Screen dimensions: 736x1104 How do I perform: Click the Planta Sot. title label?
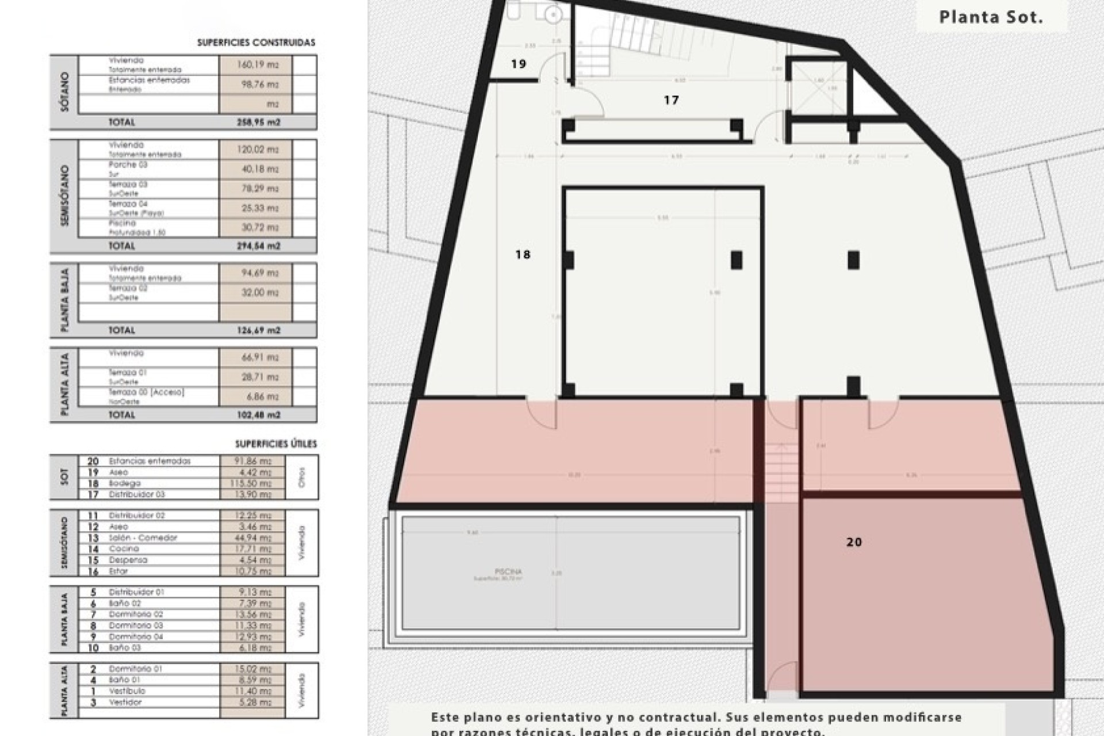point(991,17)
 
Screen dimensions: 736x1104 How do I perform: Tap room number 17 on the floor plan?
point(671,100)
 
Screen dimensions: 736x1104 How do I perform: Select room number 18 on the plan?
point(522,254)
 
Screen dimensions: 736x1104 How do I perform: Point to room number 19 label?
point(518,64)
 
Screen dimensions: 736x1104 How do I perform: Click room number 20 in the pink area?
point(854,542)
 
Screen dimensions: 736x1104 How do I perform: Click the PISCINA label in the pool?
point(508,572)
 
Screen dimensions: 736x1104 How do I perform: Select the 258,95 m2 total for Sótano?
point(258,122)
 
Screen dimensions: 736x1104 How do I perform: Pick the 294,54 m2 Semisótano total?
point(258,246)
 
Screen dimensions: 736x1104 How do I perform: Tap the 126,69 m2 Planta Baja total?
point(258,331)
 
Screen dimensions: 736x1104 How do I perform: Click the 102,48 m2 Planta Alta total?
point(258,415)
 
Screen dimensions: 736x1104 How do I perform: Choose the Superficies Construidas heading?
point(256,43)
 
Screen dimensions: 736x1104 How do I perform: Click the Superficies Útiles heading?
point(275,444)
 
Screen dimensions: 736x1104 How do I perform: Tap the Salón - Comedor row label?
point(143,538)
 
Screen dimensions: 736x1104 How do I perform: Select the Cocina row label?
point(124,549)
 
